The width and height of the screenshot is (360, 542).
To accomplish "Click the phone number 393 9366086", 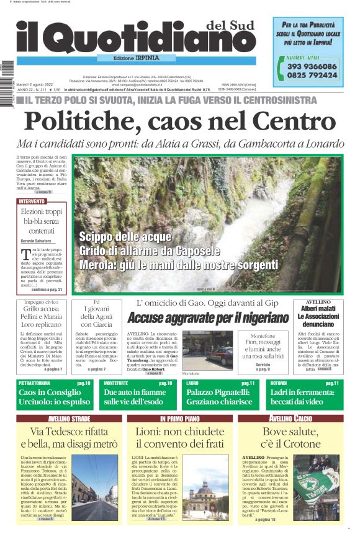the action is coord(312,66).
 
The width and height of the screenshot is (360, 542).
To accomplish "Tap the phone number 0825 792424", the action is coord(312,75).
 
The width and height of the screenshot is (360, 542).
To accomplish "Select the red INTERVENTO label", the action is coord(32,202).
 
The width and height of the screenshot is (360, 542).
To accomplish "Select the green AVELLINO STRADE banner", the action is coord(69,419).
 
